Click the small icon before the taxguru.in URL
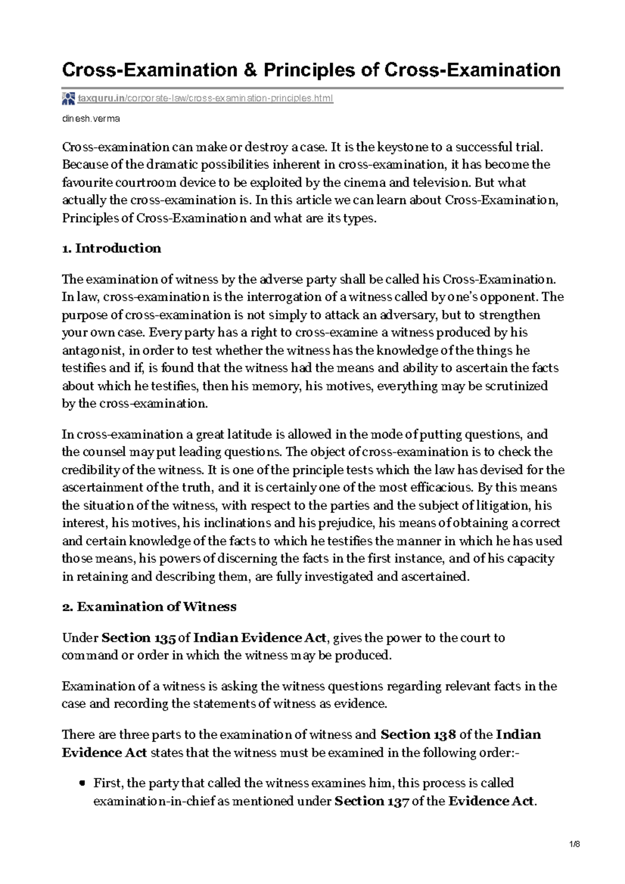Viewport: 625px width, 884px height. [68, 98]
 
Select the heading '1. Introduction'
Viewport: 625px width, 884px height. [111, 248]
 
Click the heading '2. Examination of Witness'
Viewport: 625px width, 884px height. [149, 607]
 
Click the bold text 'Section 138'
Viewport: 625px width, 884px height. [418, 735]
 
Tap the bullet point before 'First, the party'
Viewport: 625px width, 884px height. [82, 784]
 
